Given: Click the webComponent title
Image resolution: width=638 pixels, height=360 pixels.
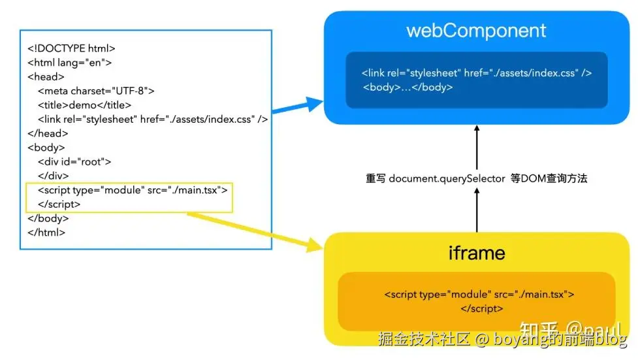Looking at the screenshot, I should click(x=476, y=31).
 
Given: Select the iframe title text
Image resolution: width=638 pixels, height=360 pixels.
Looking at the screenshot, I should click(x=476, y=253).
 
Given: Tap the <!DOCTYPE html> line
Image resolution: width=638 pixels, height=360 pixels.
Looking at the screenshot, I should click(x=71, y=48).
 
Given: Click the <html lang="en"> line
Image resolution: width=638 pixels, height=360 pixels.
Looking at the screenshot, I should click(x=70, y=63).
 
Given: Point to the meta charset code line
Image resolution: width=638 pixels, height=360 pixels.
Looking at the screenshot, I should click(x=96, y=91).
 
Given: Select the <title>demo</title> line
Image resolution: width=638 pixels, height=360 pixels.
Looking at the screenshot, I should click(x=85, y=105).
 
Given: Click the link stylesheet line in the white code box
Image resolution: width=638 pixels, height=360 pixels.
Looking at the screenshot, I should click(x=153, y=120).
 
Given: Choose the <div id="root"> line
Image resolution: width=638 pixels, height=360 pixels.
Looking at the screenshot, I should click(x=74, y=161).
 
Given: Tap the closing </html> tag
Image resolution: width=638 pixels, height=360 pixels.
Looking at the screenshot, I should click(x=46, y=232).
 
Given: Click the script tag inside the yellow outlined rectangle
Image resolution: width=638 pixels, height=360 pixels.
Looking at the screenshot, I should click(x=133, y=190).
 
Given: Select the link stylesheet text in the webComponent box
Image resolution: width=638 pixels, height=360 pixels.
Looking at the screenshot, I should click(x=477, y=73).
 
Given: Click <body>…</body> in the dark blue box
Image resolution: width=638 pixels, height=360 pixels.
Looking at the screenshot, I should click(x=408, y=87).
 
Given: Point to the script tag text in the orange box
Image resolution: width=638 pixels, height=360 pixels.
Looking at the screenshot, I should click(x=479, y=295).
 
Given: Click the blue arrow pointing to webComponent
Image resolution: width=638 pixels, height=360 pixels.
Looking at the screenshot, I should click(x=297, y=107).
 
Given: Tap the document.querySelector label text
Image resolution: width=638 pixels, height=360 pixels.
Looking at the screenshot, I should click(x=476, y=178).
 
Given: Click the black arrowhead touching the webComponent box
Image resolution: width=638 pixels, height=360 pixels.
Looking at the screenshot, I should click(x=477, y=129).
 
